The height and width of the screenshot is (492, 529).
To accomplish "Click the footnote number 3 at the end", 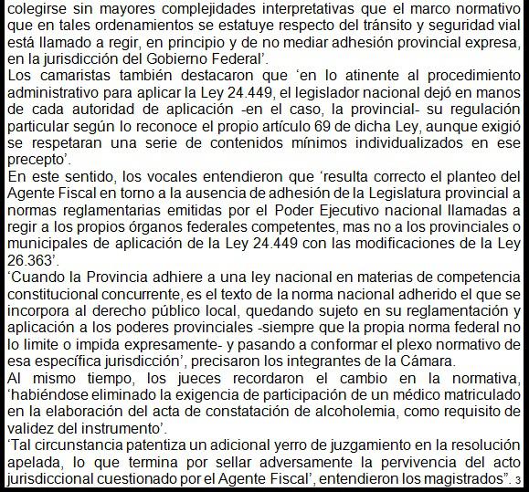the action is point(517,478).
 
